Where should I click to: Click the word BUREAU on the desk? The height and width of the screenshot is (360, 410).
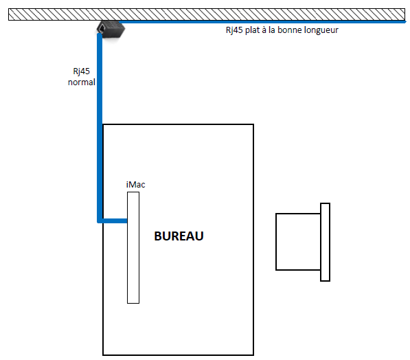coord(179,236)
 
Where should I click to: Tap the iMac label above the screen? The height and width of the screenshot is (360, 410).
coord(135,184)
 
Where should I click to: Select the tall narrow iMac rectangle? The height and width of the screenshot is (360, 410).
coord(133,247)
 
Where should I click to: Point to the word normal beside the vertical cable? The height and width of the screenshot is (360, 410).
coord(82,82)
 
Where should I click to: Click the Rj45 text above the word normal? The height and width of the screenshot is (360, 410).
coord(81,71)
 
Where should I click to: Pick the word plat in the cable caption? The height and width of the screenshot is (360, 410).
coord(252,30)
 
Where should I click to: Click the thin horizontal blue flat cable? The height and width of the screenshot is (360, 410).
coord(262,22)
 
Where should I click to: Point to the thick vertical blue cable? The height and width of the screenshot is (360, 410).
coord(100,128)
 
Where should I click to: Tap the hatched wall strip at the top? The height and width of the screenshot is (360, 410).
coord(207,14)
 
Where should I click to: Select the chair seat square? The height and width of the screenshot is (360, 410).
coord(298,241)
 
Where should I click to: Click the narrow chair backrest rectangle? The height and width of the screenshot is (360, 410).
coord(325,242)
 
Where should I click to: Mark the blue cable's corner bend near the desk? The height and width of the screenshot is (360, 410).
coord(100,221)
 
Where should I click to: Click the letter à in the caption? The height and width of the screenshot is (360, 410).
coord(264,30)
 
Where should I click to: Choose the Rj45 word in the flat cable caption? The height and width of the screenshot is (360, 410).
coord(234,30)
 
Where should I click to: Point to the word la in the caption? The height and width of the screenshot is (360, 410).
coord(272,30)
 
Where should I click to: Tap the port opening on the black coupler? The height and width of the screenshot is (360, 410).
coord(102,27)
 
